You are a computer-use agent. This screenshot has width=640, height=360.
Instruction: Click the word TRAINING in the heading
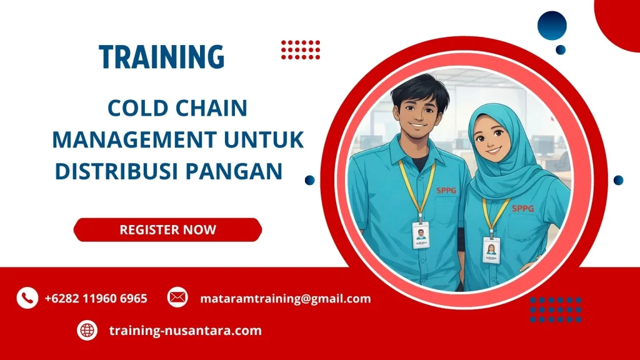161,57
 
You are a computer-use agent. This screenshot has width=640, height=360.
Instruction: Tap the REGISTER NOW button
167,229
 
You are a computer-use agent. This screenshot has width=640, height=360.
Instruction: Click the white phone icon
27,298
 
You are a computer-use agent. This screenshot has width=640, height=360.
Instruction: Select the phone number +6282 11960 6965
96,299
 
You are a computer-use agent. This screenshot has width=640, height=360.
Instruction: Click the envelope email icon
177,298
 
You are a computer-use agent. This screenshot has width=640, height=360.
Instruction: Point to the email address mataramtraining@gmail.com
286,299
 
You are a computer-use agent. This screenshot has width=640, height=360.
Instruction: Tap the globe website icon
87,331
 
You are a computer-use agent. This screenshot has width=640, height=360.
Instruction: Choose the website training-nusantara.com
185,331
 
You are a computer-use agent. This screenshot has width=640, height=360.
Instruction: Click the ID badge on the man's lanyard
421,235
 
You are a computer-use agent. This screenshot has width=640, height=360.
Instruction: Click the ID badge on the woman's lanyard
491,250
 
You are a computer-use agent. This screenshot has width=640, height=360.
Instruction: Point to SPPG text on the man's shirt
446,191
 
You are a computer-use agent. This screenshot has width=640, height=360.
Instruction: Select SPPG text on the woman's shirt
522,209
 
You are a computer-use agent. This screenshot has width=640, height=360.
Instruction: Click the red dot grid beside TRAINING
301,49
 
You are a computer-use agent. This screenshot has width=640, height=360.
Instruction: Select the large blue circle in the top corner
552,26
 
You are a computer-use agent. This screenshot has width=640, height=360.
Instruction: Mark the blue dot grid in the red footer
556,309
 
